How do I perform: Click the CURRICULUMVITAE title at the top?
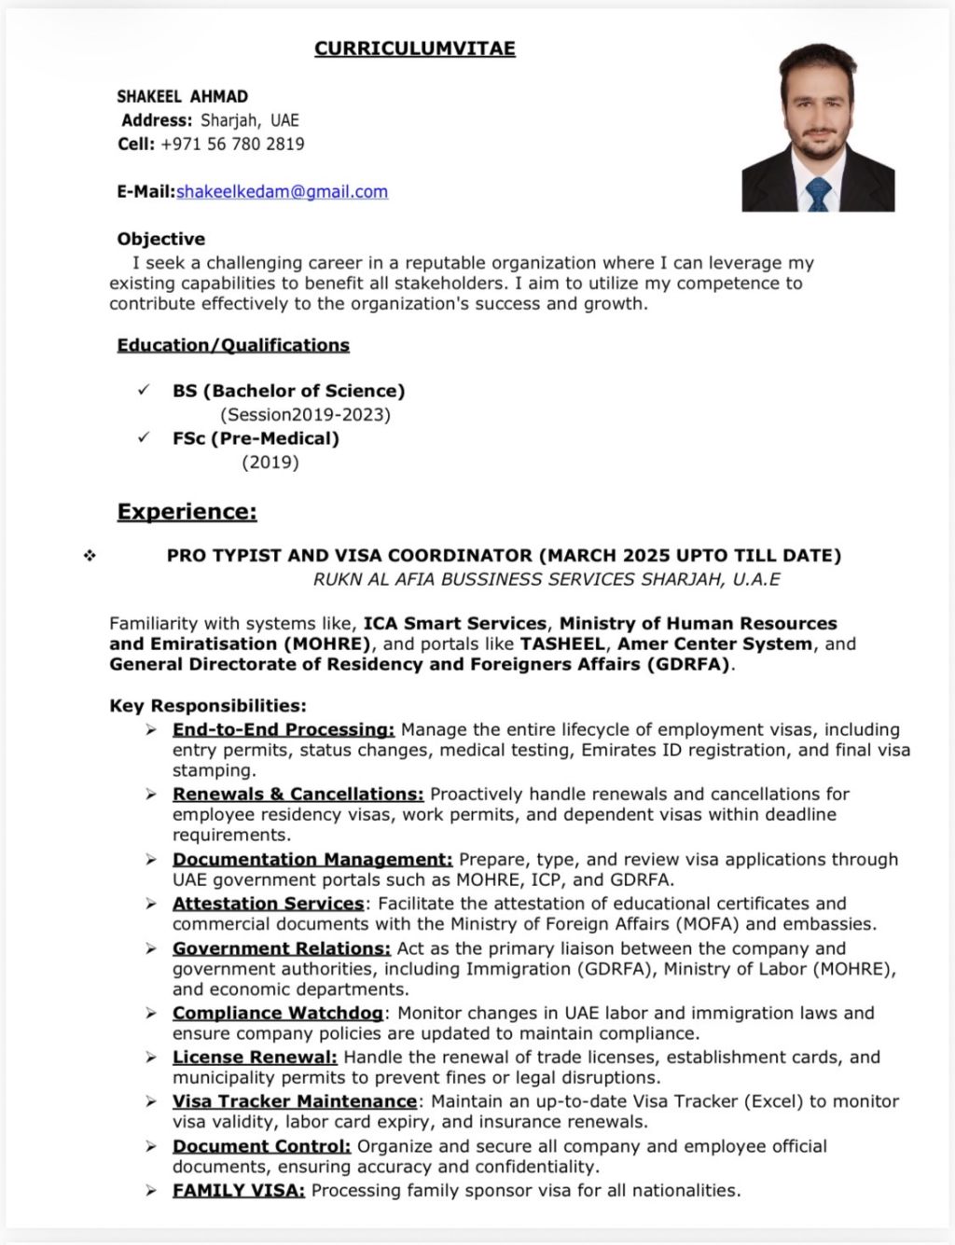click(414, 48)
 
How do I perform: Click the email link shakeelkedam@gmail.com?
click(282, 192)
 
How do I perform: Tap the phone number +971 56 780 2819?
click(232, 145)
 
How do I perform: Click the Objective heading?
click(160, 239)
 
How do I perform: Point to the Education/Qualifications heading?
click(233, 345)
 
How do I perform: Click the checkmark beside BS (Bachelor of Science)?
click(144, 390)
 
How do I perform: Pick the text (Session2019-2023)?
click(305, 414)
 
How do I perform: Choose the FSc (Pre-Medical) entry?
click(256, 438)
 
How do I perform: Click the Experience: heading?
click(187, 511)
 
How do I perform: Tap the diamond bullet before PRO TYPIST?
click(90, 556)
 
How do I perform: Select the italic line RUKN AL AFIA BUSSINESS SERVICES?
click(547, 579)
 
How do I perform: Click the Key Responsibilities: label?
click(208, 706)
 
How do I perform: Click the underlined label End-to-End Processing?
click(284, 729)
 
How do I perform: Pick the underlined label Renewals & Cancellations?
click(298, 794)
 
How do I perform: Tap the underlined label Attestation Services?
click(268, 903)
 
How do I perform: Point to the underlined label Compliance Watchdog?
click(277, 1013)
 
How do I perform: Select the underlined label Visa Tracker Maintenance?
click(294, 1101)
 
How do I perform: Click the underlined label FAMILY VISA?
click(239, 1190)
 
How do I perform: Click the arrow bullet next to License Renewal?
click(151, 1058)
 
